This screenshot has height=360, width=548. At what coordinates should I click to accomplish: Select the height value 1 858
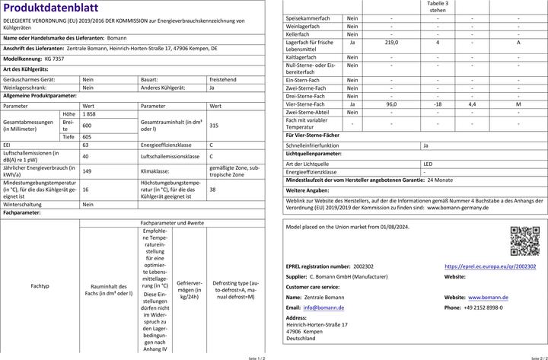tap(89, 113)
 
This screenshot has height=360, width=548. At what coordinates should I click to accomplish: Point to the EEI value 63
tap(85, 144)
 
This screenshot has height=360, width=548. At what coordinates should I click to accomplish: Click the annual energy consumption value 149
tap(87, 171)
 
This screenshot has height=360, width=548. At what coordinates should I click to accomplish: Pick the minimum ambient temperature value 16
tap(85, 190)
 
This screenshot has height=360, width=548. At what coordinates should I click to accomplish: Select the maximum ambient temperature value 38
tap(212, 190)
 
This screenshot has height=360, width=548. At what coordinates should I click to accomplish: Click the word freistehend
tap(224, 78)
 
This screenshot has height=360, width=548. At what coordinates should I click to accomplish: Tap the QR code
tap(524, 241)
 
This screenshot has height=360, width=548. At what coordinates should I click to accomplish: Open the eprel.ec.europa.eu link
tap(490, 267)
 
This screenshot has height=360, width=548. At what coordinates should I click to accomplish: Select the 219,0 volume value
tap(392, 43)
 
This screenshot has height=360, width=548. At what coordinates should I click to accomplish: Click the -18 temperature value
tap(438, 104)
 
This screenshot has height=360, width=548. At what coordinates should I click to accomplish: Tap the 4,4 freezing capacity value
tap(472, 104)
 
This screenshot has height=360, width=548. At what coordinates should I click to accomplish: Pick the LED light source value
tap(428, 164)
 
